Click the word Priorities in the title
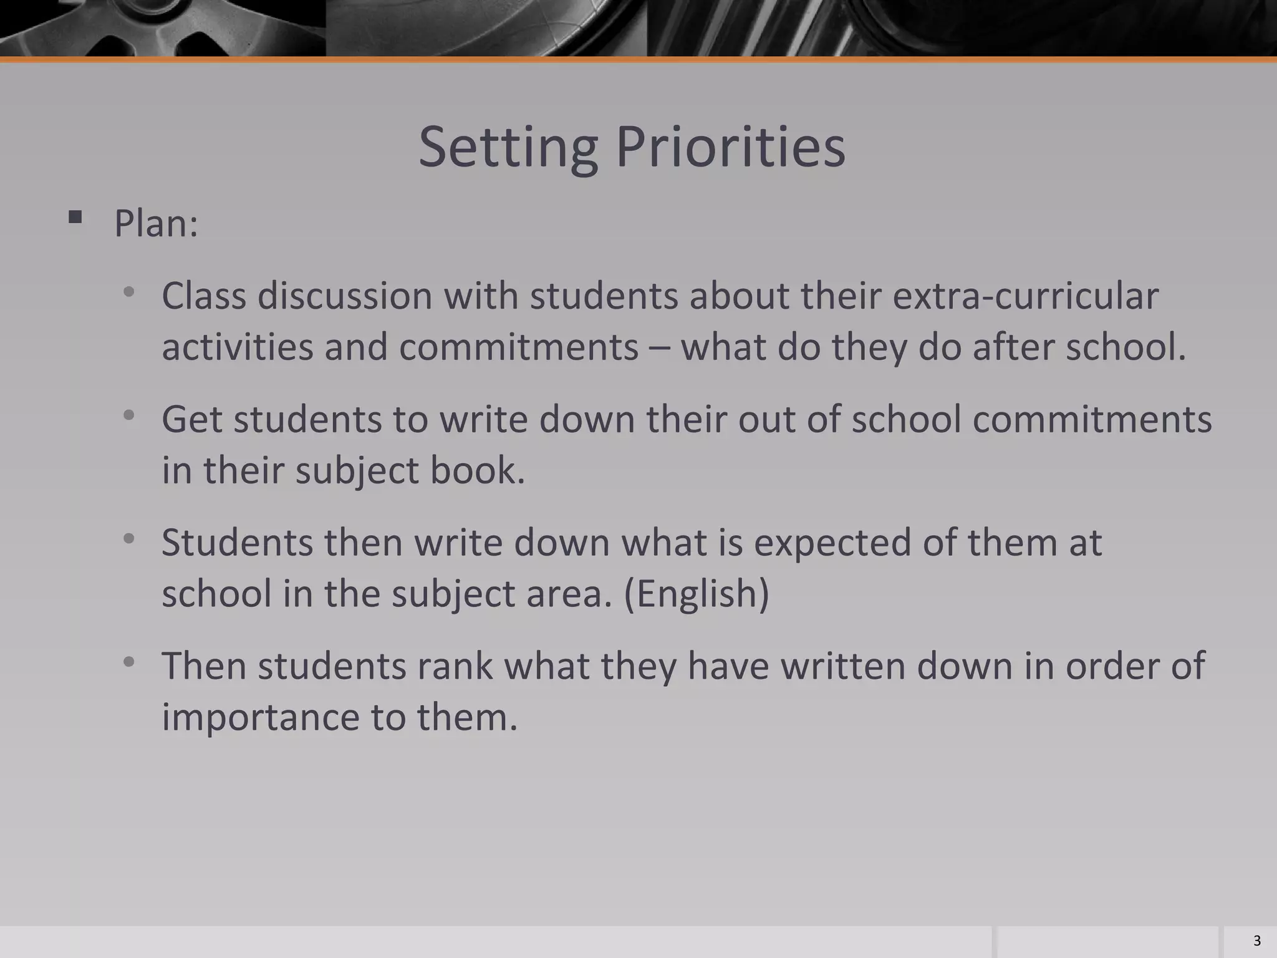tap(730, 148)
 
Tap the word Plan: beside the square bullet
tap(156, 223)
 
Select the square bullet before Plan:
tap(75, 217)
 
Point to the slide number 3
tap(1256, 941)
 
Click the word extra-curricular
tap(1026, 296)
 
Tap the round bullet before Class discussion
tap(129, 292)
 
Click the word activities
tap(237, 347)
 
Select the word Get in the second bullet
tap(191, 419)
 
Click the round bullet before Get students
tap(129, 415)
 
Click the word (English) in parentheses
tap(696, 593)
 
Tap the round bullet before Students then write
tap(129, 538)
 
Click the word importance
tap(260, 717)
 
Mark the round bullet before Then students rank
tap(129, 662)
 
